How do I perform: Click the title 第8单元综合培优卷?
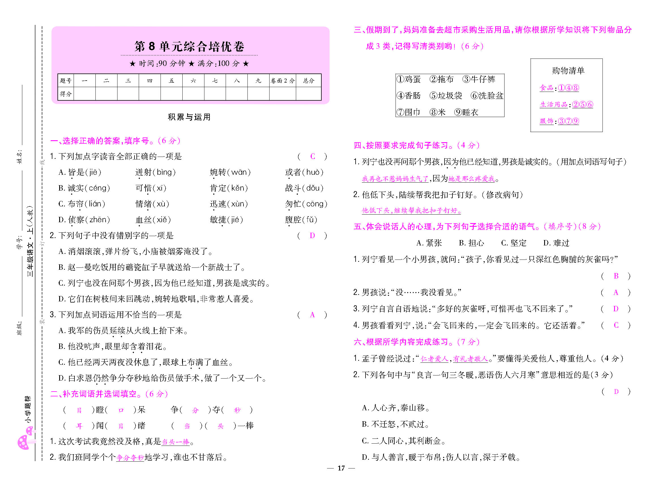coord(189,46)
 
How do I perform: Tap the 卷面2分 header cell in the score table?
coord(282,81)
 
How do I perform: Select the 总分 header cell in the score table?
coord(308,81)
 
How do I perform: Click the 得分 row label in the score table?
coord(65,94)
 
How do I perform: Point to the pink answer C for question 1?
coord(313,157)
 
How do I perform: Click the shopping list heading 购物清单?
coord(568,71)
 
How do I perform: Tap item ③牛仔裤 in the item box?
coord(479,79)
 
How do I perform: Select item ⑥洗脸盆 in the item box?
coord(487,96)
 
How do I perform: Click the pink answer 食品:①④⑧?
coord(559,88)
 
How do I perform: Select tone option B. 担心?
coord(471,243)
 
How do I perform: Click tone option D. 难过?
coord(556,243)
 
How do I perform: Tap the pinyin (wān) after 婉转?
coord(241,172)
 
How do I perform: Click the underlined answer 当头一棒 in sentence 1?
coord(176,442)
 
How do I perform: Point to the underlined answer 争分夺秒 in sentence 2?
coord(130,458)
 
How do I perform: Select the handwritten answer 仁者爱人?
coord(434,359)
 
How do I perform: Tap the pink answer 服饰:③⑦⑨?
coord(559,121)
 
